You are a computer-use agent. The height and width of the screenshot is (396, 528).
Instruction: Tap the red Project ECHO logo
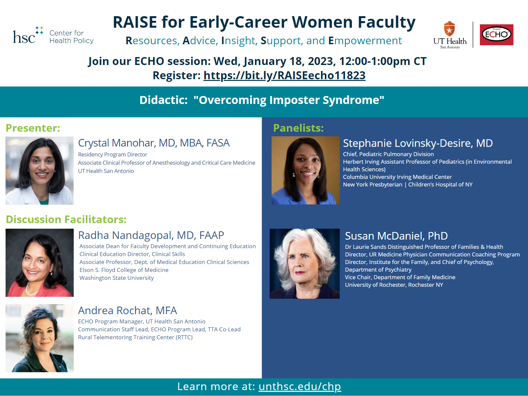tap(497, 35)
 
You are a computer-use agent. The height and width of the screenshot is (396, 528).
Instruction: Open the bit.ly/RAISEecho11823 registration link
tap(284, 76)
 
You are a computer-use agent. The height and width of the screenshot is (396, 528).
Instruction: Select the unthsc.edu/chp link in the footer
tap(300, 386)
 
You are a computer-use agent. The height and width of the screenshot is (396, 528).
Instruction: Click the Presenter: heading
tap(33, 128)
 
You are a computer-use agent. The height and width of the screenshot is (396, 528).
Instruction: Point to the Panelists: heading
tap(298, 128)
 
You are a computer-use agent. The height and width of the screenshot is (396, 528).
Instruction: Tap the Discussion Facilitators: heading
tap(66, 219)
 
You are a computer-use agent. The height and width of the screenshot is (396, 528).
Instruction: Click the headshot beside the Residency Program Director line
tap(40, 171)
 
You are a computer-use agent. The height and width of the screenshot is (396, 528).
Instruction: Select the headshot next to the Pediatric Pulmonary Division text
tap(306, 171)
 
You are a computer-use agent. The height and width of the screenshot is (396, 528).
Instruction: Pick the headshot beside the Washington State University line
tap(40, 263)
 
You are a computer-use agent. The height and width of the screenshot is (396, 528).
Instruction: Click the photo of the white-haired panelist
tap(305, 264)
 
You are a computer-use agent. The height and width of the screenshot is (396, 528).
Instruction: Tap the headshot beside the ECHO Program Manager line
tap(40, 338)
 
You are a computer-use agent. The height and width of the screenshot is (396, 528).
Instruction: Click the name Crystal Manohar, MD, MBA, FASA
tap(154, 143)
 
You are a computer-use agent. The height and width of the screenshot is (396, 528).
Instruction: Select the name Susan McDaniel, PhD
tap(396, 236)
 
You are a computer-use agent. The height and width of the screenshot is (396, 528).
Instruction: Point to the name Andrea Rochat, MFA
tap(127, 311)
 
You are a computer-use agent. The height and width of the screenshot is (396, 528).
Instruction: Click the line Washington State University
tap(117, 278)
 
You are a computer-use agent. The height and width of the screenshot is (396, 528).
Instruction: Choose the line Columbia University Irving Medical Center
tap(397, 177)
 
